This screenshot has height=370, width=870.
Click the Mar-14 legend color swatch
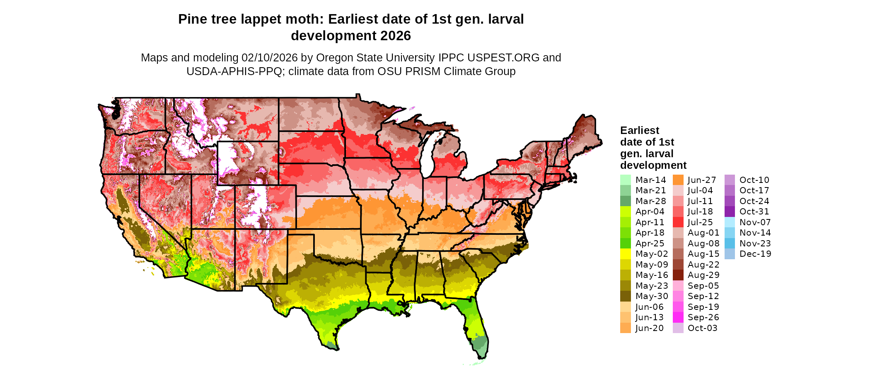point(625,180)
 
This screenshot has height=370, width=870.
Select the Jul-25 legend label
point(700,222)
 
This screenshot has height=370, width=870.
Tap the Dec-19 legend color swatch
point(730,254)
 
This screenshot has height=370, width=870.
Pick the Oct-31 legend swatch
point(730,212)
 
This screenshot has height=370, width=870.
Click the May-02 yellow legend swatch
point(625,254)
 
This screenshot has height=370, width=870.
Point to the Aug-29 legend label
point(703,275)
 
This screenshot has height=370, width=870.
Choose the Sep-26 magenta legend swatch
point(678,317)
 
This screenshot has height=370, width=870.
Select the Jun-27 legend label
point(702,180)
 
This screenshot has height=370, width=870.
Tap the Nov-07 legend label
point(755,222)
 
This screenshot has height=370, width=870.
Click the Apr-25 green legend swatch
point(625,243)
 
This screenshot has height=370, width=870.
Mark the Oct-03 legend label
point(702,328)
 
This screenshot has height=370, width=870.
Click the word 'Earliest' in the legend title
point(639,131)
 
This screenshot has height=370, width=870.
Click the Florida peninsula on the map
point(476,328)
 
